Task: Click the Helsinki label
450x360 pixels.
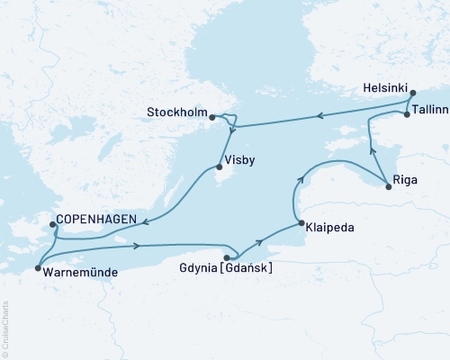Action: (x=385, y=90)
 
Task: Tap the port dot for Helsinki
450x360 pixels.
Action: (x=412, y=93)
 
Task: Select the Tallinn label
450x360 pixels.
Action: (x=428, y=106)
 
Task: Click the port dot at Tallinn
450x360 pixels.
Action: (x=407, y=114)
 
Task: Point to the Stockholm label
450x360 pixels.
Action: (x=176, y=113)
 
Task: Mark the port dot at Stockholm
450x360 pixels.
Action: (x=211, y=117)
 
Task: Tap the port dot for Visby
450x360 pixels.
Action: (x=218, y=167)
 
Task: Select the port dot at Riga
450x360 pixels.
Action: (x=388, y=187)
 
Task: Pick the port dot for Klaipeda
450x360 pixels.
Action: (x=299, y=224)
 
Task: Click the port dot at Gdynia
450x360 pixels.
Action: (x=226, y=257)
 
